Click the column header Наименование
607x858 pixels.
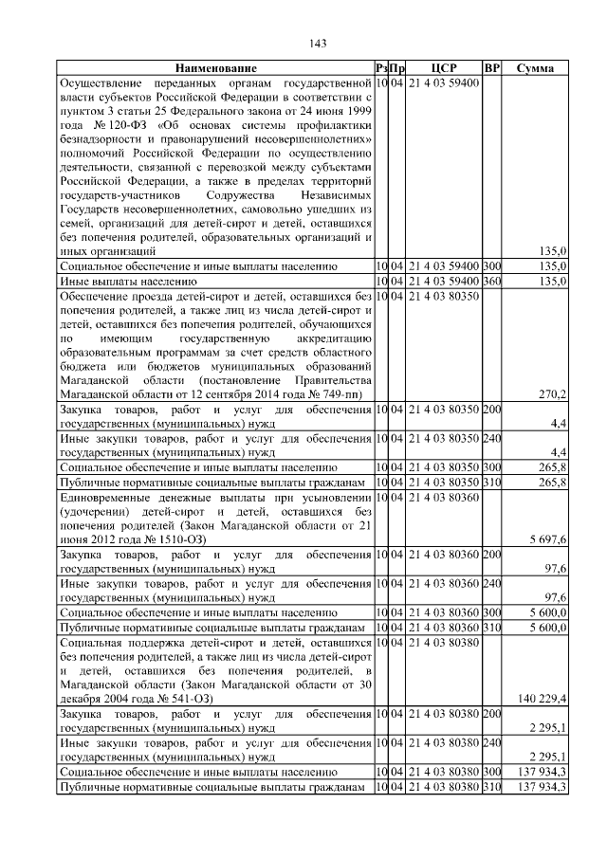[215, 69]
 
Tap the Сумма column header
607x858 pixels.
[535, 69]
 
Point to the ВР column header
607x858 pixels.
[491, 69]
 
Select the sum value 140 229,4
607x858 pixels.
[543, 698]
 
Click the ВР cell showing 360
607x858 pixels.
[491, 283]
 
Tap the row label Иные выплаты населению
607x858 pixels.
[128, 283]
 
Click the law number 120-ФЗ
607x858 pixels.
[120, 123]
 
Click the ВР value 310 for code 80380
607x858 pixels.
[491, 789]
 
